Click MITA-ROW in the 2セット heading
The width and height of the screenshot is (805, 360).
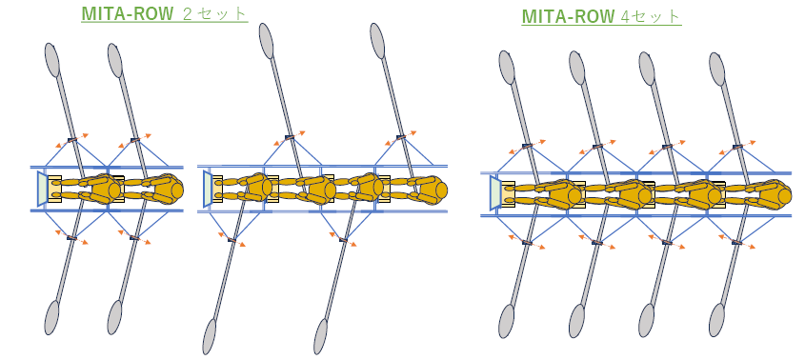point(128,13)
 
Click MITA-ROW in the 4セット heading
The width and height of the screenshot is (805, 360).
point(568,16)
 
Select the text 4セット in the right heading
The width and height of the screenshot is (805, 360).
point(650,16)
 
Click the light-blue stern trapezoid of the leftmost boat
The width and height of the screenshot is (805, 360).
point(42,189)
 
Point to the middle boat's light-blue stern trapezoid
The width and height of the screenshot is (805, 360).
point(208,189)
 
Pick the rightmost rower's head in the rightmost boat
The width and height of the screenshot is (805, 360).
point(784,194)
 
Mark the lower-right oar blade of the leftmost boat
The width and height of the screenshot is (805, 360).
point(115,317)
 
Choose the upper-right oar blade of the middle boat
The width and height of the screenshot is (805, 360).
point(377,40)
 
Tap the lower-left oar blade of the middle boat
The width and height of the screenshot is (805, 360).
point(209,336)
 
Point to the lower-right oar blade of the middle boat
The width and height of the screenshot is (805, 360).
point(321,336)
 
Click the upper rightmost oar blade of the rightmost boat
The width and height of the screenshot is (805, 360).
point(716,69)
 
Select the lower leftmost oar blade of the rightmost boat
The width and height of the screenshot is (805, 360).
point(507,321)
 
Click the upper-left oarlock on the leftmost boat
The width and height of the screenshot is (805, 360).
point(71,139)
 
